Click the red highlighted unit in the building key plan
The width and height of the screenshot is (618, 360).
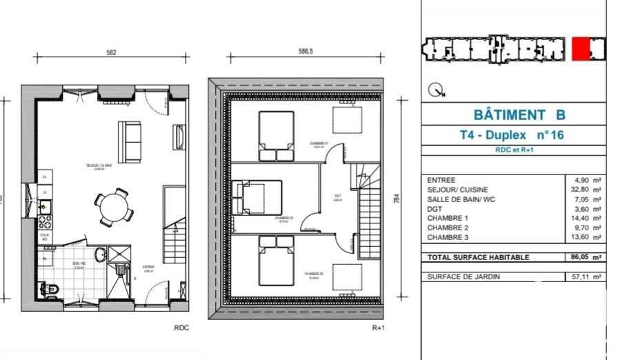coord(588,49)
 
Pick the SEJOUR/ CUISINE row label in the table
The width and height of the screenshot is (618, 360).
coord(457,190)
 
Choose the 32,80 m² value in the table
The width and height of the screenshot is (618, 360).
coord(588,190)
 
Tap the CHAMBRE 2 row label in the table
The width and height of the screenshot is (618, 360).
coord(448,228)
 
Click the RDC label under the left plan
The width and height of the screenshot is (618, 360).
coord(181,328)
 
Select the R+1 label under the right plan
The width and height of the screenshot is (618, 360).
coord(377,328)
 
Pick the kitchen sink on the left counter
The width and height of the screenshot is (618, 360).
coord(43,206)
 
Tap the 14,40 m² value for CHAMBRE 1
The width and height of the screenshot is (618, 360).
coord(588,219)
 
